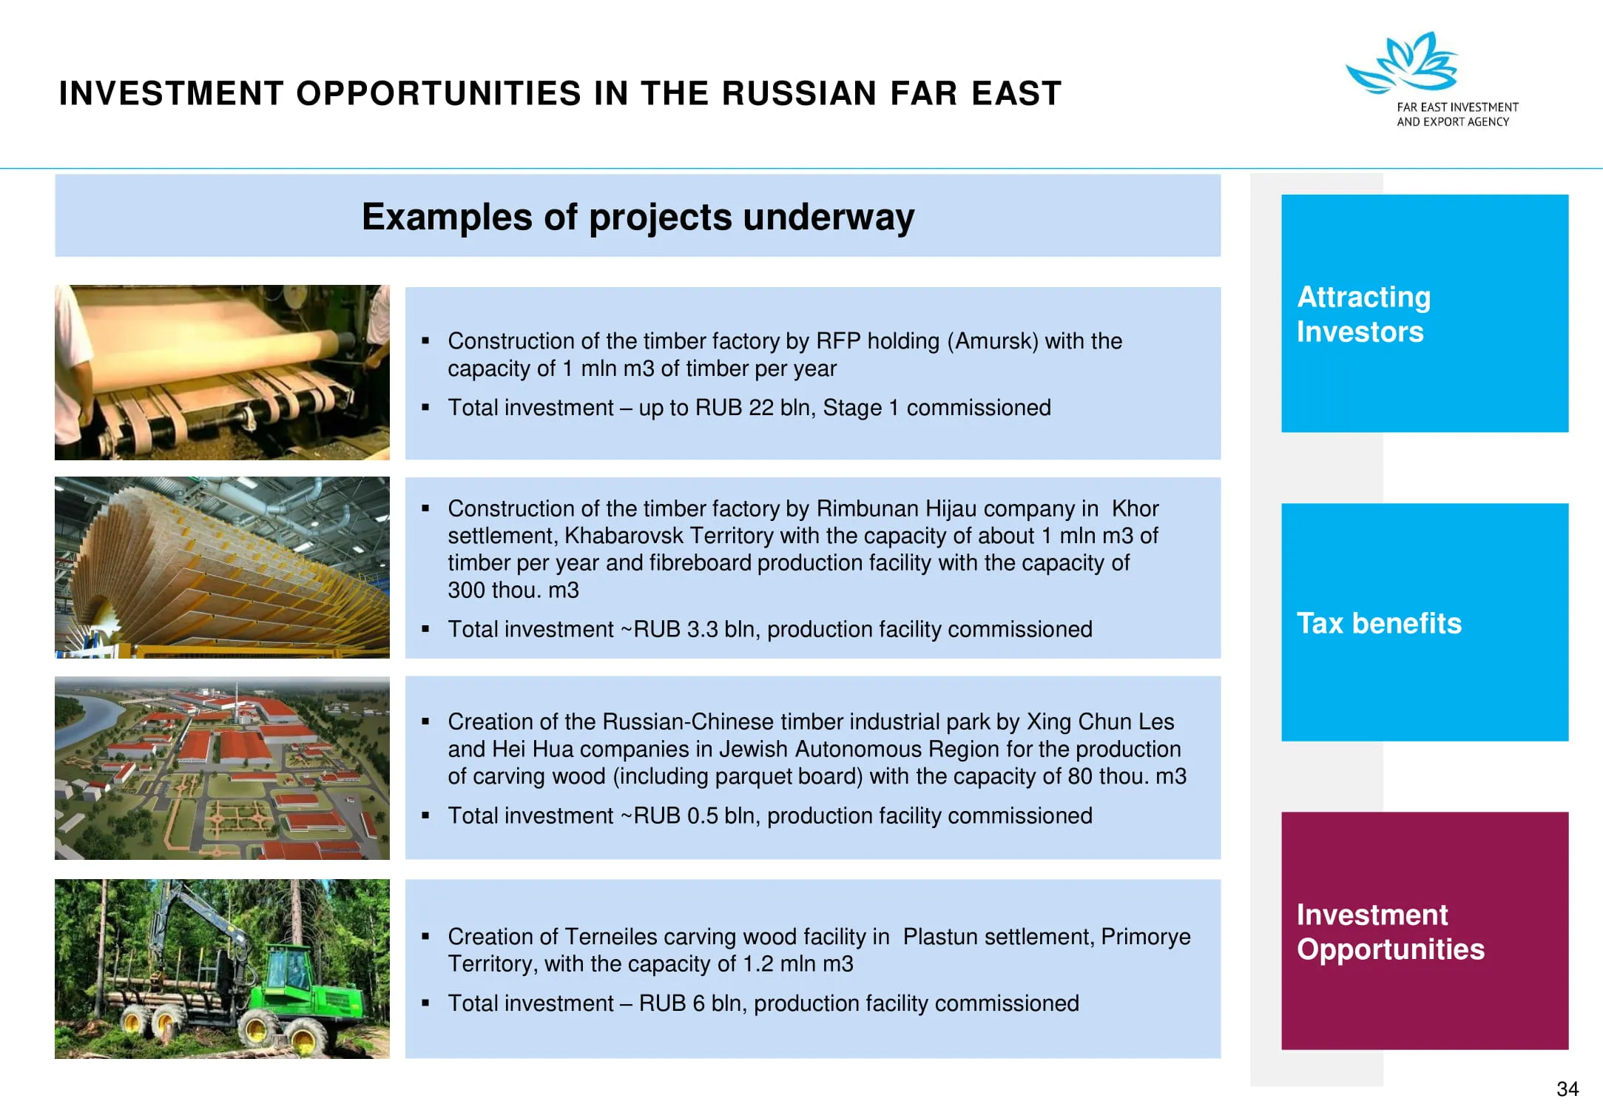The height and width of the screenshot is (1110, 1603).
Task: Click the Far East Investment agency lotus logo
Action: click(1401, 62)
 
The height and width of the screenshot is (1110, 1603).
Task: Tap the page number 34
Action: click(1567, 1089)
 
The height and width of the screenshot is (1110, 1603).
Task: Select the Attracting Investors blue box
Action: click(1425, 313)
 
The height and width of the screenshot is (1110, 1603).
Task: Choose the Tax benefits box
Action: click(1425, 622)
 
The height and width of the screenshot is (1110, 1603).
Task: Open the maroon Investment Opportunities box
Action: click(1425, 931)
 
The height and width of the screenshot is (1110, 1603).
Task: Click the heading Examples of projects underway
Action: click(638, 217)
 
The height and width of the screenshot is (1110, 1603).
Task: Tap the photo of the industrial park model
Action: click(222, 768)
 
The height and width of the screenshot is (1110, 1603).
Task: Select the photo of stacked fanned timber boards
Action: click(222, 568)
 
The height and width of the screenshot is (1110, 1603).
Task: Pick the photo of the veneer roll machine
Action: click(222, 372)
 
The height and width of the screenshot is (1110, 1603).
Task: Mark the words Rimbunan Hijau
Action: click(896, 508)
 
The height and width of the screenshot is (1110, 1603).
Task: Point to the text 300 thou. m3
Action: click(513, 590)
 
